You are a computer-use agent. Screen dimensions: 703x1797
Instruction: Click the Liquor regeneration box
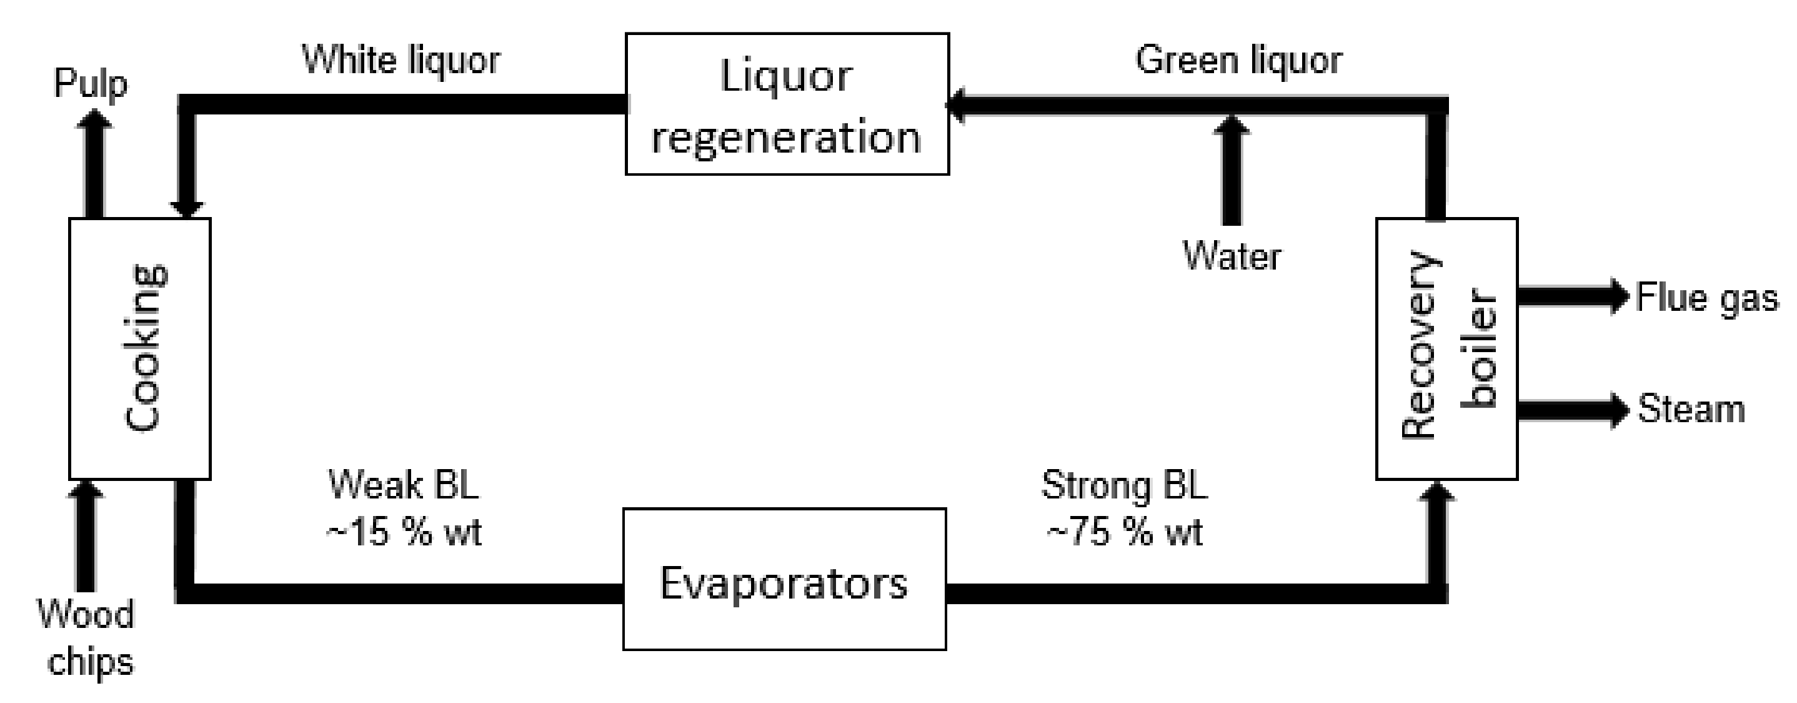[786, 103]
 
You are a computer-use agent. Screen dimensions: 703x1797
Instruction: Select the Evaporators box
[784, 579]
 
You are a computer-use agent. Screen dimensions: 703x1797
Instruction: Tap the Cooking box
[139, 348]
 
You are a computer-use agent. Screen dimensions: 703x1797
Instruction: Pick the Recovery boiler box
[1446, 348]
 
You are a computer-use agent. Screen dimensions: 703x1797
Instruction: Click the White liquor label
[401, 60]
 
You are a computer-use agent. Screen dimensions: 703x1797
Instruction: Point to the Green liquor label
[1238, 60]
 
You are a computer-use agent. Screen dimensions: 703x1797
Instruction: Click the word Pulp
[91, 84]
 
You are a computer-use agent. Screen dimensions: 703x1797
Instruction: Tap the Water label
[1232, 256]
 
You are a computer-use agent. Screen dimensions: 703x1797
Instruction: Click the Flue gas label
[1706, 297]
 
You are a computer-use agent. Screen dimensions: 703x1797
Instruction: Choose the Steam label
[1690, 409]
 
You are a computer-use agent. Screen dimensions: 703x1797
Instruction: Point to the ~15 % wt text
[403, 533]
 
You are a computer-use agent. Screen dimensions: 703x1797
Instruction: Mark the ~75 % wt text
[1125, 533]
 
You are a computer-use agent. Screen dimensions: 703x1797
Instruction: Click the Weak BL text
[403, 485]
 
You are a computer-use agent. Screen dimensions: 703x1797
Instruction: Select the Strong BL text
[1124, 485]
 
